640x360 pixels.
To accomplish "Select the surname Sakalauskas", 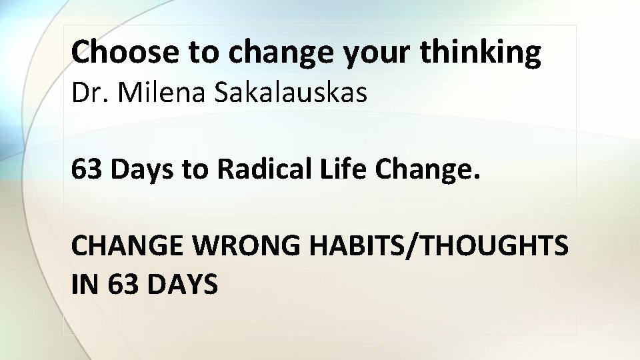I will click(x=291, y=94).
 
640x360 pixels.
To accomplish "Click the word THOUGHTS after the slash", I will click(x=487, y=246).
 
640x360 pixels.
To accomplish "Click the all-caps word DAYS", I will click(x=181, y=285).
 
